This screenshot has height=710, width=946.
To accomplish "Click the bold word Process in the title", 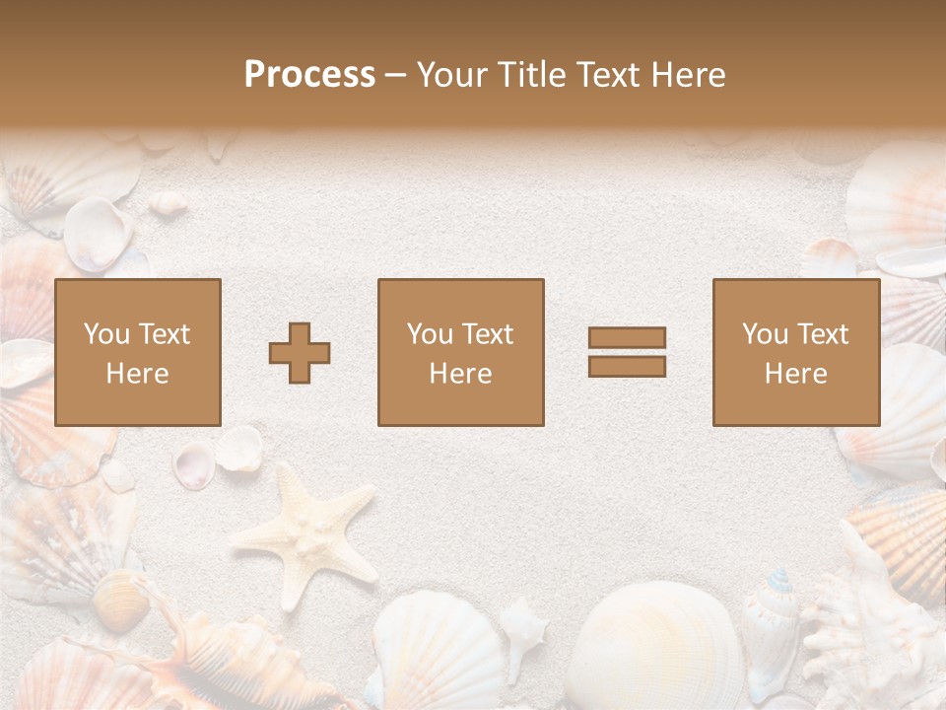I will click(309, 75).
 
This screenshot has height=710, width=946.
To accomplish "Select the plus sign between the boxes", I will click(300, 352).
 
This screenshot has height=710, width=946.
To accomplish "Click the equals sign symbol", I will click(627, 352).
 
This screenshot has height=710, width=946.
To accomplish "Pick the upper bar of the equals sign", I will click(627, 338).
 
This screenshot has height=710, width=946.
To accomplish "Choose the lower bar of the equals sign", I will click(627, 366).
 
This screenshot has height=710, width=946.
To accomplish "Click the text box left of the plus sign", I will click(137, 352).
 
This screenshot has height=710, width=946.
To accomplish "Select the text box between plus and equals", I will click(460, 352).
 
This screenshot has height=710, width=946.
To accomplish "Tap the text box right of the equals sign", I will click(795, 352).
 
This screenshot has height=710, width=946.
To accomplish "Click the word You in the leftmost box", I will click(105, 334).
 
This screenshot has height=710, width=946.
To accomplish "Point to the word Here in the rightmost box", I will click(795, 374).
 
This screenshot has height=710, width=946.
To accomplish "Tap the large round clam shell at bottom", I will click(651, 646).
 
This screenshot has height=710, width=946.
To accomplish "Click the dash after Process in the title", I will click(395, 75).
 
